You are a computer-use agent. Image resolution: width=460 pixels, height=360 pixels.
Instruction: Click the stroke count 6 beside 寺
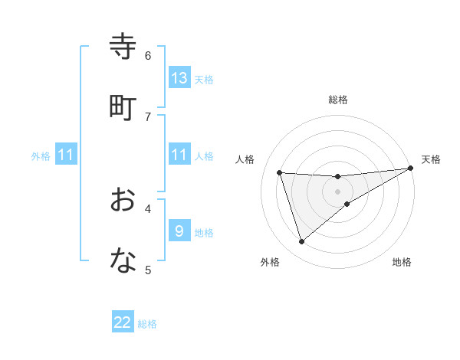point(148,55)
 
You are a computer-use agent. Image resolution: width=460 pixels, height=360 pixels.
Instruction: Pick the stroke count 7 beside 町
point(148,116)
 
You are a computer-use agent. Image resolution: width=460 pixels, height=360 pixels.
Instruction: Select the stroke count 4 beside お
point(148,208)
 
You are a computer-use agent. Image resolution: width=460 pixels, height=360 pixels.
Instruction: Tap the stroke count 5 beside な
point(148,269)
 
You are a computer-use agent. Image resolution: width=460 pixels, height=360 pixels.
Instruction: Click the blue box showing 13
point(179,78)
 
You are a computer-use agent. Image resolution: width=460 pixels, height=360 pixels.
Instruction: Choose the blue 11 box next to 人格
point(179,155)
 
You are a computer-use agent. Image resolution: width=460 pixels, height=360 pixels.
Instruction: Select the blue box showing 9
point(179,231)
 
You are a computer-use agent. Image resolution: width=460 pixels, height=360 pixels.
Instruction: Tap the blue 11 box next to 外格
point(66,155)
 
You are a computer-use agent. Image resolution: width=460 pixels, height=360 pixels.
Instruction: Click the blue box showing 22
point(123,322)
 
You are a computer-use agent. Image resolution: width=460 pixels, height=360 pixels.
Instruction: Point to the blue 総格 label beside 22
point(148,324)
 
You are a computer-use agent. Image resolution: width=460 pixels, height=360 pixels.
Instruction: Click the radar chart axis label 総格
point(338,100)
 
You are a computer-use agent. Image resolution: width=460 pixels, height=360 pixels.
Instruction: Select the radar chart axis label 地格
point(402,262)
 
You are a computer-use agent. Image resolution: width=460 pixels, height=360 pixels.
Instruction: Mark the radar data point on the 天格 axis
point(411,169)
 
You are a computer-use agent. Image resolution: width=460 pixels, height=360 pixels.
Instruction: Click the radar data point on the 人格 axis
point(280,172)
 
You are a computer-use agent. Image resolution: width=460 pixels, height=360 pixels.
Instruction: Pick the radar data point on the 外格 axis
point(301,242)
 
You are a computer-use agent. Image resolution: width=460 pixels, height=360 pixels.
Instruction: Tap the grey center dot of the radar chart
point(338,191)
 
